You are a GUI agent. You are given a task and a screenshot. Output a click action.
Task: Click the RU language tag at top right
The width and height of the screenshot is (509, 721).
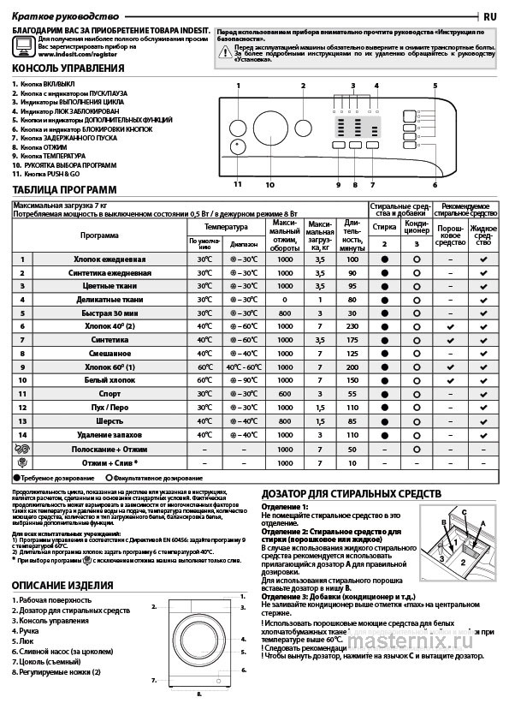[x=490, y=16]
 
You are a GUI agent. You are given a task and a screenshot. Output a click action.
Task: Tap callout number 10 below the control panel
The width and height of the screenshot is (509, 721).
[x=269, y=184]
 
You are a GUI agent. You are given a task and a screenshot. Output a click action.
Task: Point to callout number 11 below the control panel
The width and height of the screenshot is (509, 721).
[x=237, y=184]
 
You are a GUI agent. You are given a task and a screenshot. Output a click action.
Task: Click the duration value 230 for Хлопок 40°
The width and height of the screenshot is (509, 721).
[x=352, y=326]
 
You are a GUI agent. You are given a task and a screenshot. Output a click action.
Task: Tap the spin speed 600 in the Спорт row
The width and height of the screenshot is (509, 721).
[x=284, y=394]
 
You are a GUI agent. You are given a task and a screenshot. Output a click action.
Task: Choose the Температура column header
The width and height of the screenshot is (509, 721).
[x=226, y=227]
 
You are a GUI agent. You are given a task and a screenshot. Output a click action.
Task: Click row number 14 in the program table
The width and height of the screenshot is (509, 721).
[x=22, y=435]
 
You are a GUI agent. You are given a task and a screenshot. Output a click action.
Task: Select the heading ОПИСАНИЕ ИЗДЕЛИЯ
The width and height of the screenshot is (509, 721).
[x=62, y=585]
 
